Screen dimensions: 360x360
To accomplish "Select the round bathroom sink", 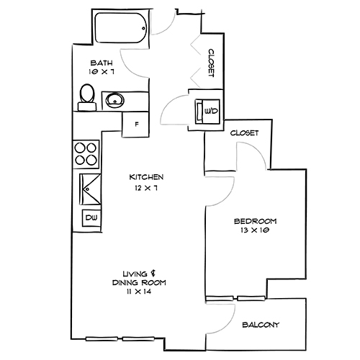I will tap(115, 99).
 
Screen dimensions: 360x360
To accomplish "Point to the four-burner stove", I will tap(86, 153).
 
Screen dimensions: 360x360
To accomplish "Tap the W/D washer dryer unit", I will tap(207, 110).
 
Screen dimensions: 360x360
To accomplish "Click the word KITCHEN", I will tap(147, 177).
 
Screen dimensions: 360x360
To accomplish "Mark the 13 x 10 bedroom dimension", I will tap(254, 230).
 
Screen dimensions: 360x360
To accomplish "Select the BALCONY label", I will tap(260, 324).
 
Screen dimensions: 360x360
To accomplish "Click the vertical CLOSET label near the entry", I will tap(212, 63).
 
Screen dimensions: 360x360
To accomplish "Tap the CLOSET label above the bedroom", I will tap(244, 133).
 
